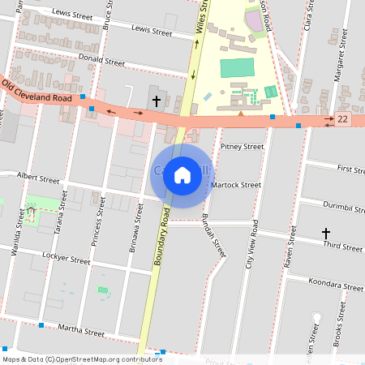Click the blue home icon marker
(x=182, y=174)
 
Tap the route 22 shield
(x=344, y=120)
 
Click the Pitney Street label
(x=242, y=147)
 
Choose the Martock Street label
(x=235, y=185)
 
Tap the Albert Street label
(x=39, y=178)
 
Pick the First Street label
(x=350, y=170)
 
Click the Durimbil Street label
(x=341, y=208)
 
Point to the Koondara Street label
(x=336, y=286)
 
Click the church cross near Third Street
(x=326, y=234)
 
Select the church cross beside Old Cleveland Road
(x=156, y=101)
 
